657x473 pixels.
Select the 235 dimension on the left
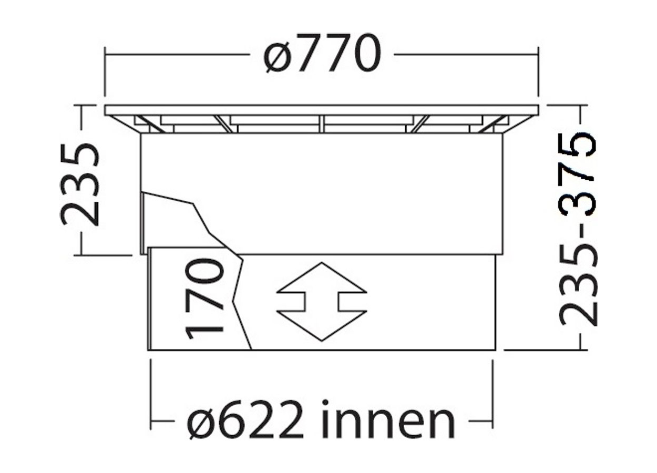point(80,184)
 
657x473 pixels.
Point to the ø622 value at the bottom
point(246,421)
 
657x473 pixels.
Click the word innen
point(388,421)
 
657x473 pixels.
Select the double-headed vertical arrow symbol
point(322,302)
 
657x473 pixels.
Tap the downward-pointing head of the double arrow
point(322,326)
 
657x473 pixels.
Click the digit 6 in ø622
point(233,421)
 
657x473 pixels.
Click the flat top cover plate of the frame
point(322,109)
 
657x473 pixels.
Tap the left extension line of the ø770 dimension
point(106,74)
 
